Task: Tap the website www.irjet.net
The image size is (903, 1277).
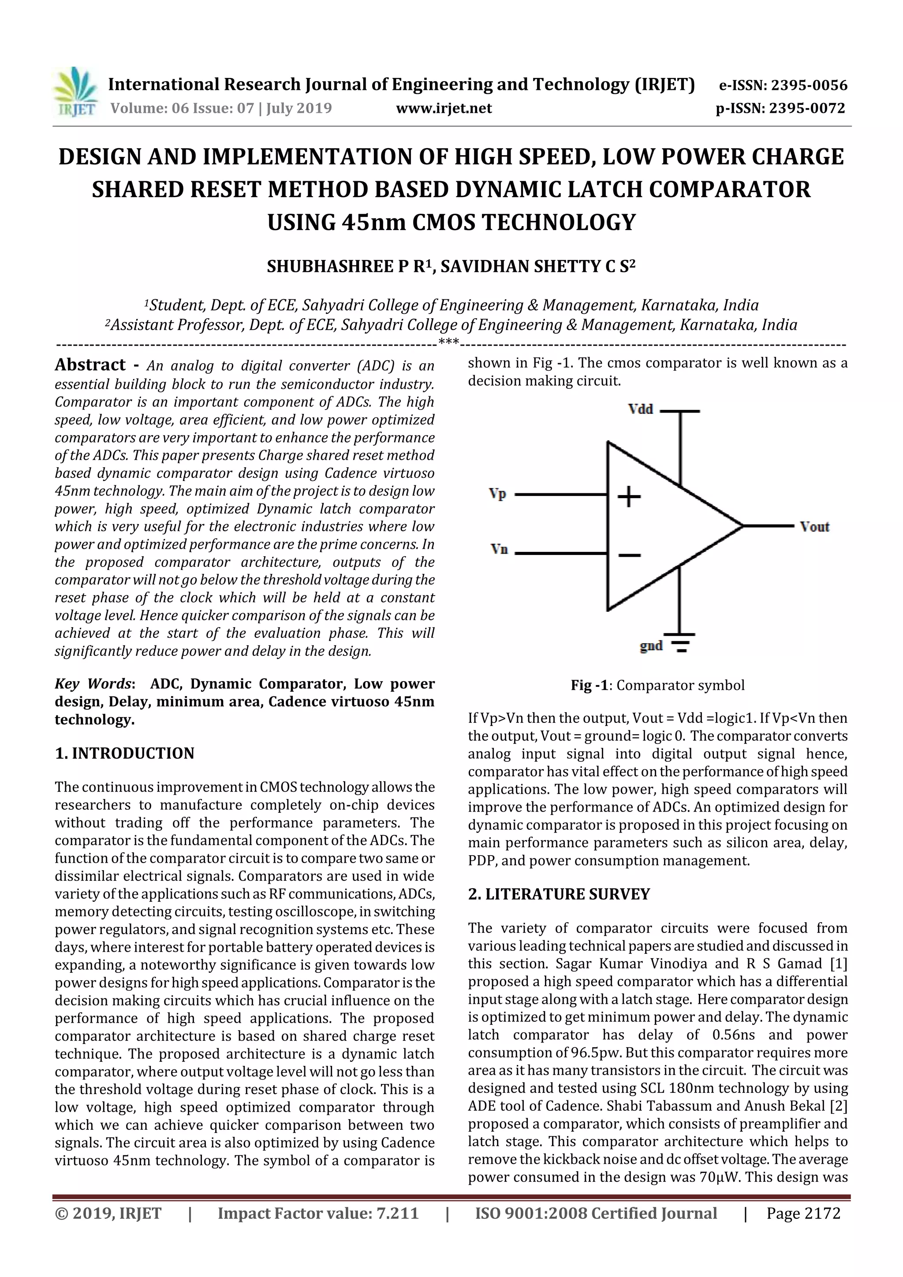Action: [444, 108]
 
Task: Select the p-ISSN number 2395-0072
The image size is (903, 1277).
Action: [807, 108]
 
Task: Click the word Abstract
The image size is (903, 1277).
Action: [90, 365]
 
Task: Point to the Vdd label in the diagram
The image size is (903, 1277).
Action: [640, 410]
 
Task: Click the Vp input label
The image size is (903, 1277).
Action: [497, 493]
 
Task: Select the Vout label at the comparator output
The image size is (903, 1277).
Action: [814, 526]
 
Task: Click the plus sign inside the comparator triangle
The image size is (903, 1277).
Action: [629, 496]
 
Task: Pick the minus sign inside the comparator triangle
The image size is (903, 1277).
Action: [629, 555]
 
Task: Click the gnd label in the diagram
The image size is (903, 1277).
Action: [651, 645]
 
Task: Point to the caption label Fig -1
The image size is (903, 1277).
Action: [589, 685]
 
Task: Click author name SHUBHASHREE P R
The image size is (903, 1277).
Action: [349, 267]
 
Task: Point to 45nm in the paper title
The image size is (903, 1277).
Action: [374, 223]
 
